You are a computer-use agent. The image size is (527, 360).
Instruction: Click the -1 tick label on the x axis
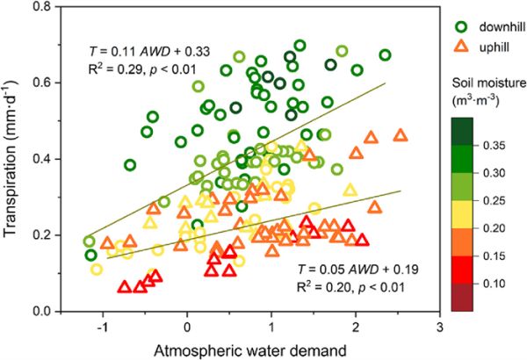point(101,327)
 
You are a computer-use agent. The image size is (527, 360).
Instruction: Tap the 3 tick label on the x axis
point(439,327)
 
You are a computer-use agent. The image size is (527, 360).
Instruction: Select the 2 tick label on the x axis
point(356,327)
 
